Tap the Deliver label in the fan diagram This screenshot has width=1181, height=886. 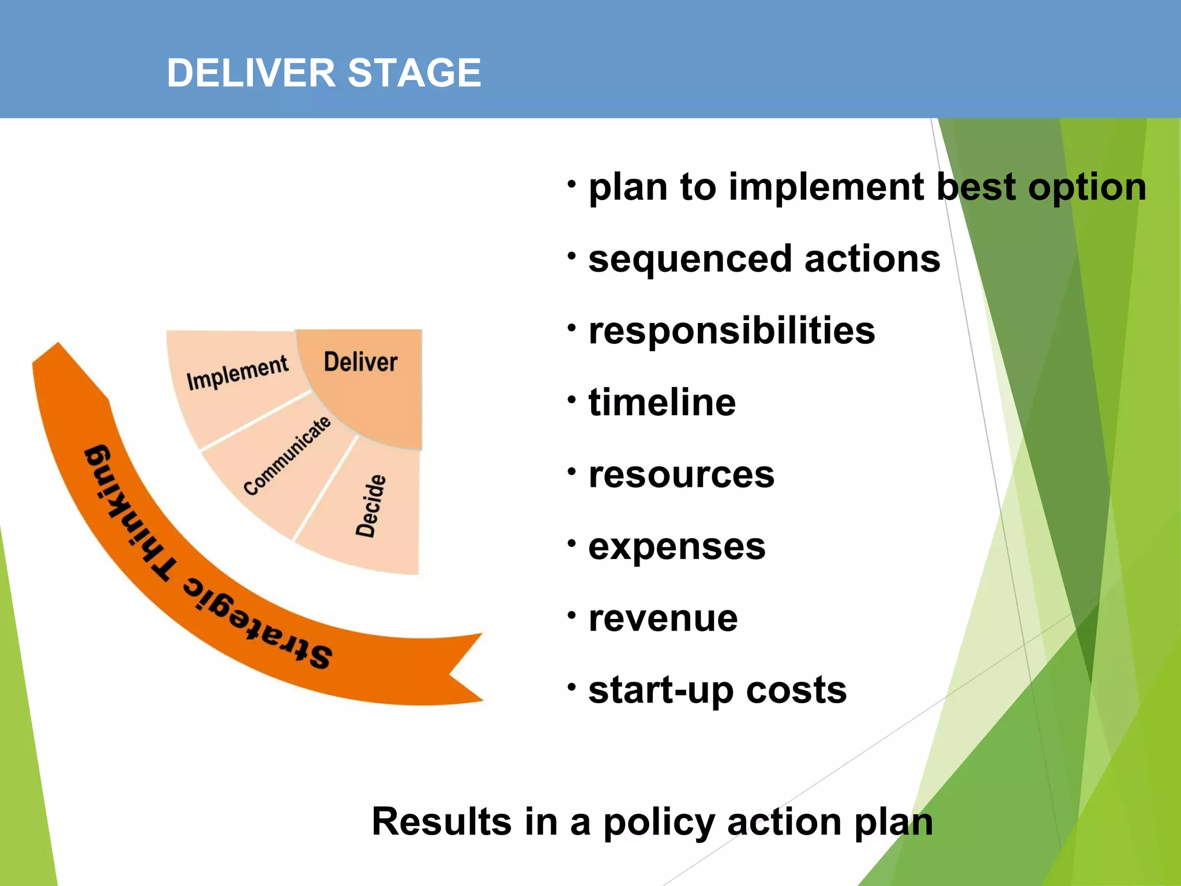point(360,362)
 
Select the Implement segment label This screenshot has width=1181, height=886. point(237,373)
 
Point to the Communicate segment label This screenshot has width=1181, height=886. point(287,456)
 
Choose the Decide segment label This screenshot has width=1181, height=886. point(370,506)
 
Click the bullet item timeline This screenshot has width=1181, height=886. point(661,402)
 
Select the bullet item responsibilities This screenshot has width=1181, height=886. point(731,331)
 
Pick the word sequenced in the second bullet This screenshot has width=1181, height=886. point(689,259)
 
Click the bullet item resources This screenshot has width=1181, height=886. point(681,474)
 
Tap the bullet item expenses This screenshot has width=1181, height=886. point(676,546)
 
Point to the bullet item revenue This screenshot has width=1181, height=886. point(663,618)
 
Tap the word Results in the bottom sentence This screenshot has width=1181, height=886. point(441,821)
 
